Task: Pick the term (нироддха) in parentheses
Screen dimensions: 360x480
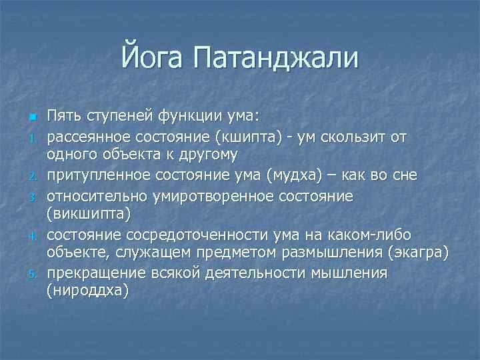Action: (x=87, y=293)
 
